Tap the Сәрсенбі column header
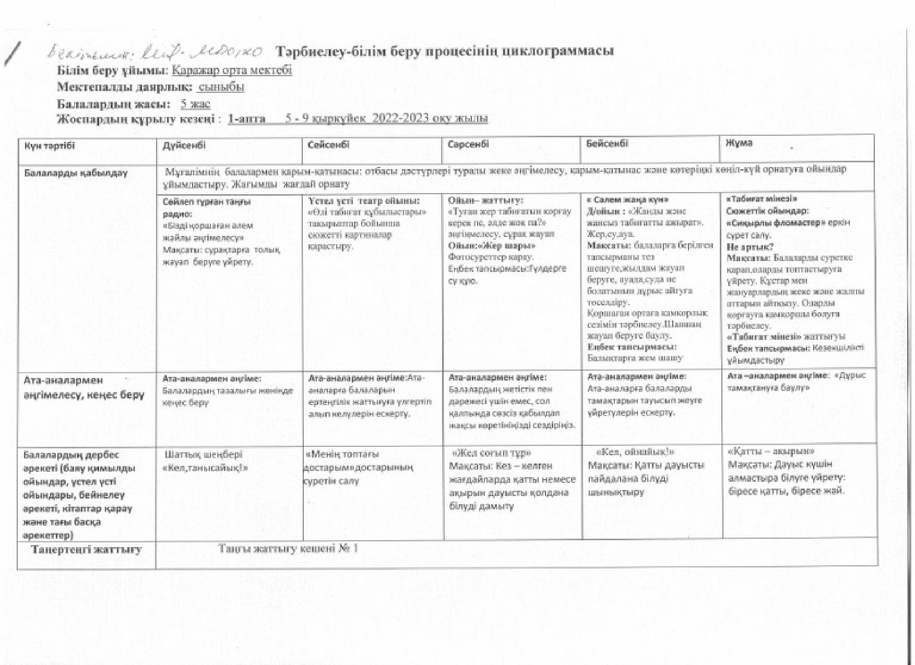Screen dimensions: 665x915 [468, 144]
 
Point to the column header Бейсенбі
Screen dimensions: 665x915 [607, 144]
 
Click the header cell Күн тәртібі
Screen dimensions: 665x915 [50, 146]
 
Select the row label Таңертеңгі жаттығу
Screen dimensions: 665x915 [86, 549]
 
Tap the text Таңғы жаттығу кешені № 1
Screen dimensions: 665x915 [288, 549]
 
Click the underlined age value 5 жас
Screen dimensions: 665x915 [195, 103]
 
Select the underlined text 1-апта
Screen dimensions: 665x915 [246, 118]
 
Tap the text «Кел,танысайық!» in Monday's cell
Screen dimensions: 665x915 [205, 468]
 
